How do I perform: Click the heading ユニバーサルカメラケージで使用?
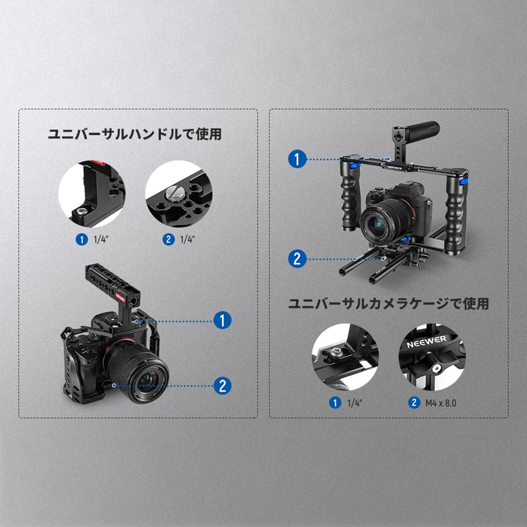(388, 304)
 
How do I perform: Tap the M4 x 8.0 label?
(440, 403)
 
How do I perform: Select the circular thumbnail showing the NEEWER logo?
(433, 357)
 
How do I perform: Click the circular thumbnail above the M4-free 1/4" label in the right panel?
(345, 357)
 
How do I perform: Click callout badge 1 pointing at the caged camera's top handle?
(222, 320)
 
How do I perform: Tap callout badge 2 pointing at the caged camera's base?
(222, 386)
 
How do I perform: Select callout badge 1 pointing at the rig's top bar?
(297, 159)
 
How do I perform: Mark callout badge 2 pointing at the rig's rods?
(297, 259)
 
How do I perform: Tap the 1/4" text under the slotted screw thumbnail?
(187, 239)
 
